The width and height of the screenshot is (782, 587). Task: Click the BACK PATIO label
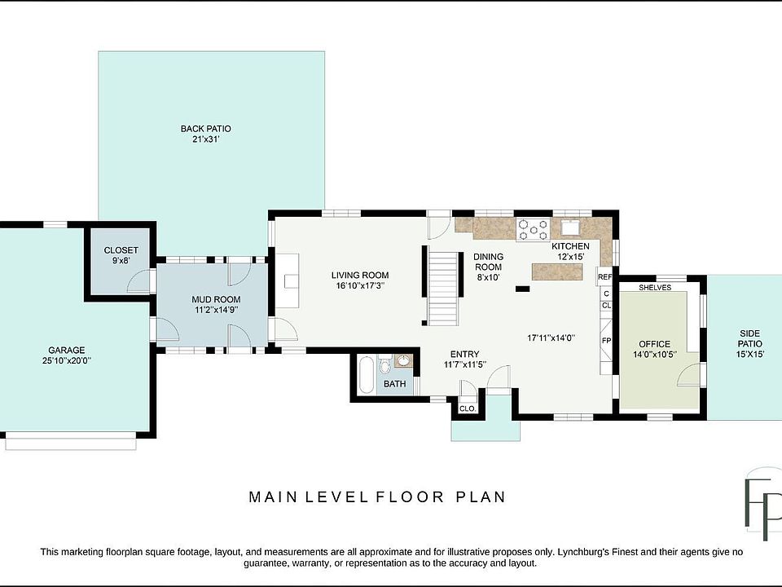pyautogui.click(x=205, y=129)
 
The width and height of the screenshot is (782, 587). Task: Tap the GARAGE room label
pyautogui.click(x=66, y=351)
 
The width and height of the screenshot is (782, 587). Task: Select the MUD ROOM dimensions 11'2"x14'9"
pyautogui.click(x=216, y=310)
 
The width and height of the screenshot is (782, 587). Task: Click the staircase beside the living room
pyautogui.click(x=443, y=288)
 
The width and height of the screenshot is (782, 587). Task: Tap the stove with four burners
pyautogui.click(x=533, y=230)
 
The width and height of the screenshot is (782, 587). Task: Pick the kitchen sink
pyautogui.click(x=569, y=227)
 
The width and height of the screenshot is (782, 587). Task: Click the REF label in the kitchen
pyautogui.click(x=604, y=277)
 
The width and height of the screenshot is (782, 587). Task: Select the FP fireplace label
pyautogui.click(x=606, y=341)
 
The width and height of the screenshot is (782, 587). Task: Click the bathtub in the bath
pyautogui.click(x=366, y=375)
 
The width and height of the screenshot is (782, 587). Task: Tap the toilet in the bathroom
pyautogui.click(x=384, y=365)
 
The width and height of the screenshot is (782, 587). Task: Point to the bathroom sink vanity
pyautogui.click(x=403, y=361)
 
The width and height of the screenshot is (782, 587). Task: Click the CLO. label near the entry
pyautogui.click(x=468, y=408)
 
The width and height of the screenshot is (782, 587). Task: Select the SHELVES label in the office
pyautogui.click(x=655, y=288)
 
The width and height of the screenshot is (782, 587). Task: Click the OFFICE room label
pyautogui.click(x=654, y=344)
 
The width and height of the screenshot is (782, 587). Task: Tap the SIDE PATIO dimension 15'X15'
pyautogui.click(x=750, y=355)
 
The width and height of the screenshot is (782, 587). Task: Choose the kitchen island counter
pyautogui.click(x=557, y=272)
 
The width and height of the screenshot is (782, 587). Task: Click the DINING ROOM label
pyautogui.click(x=488, y=262)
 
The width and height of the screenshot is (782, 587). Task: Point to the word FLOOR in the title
pyautogui.click(x=410, y=497)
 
